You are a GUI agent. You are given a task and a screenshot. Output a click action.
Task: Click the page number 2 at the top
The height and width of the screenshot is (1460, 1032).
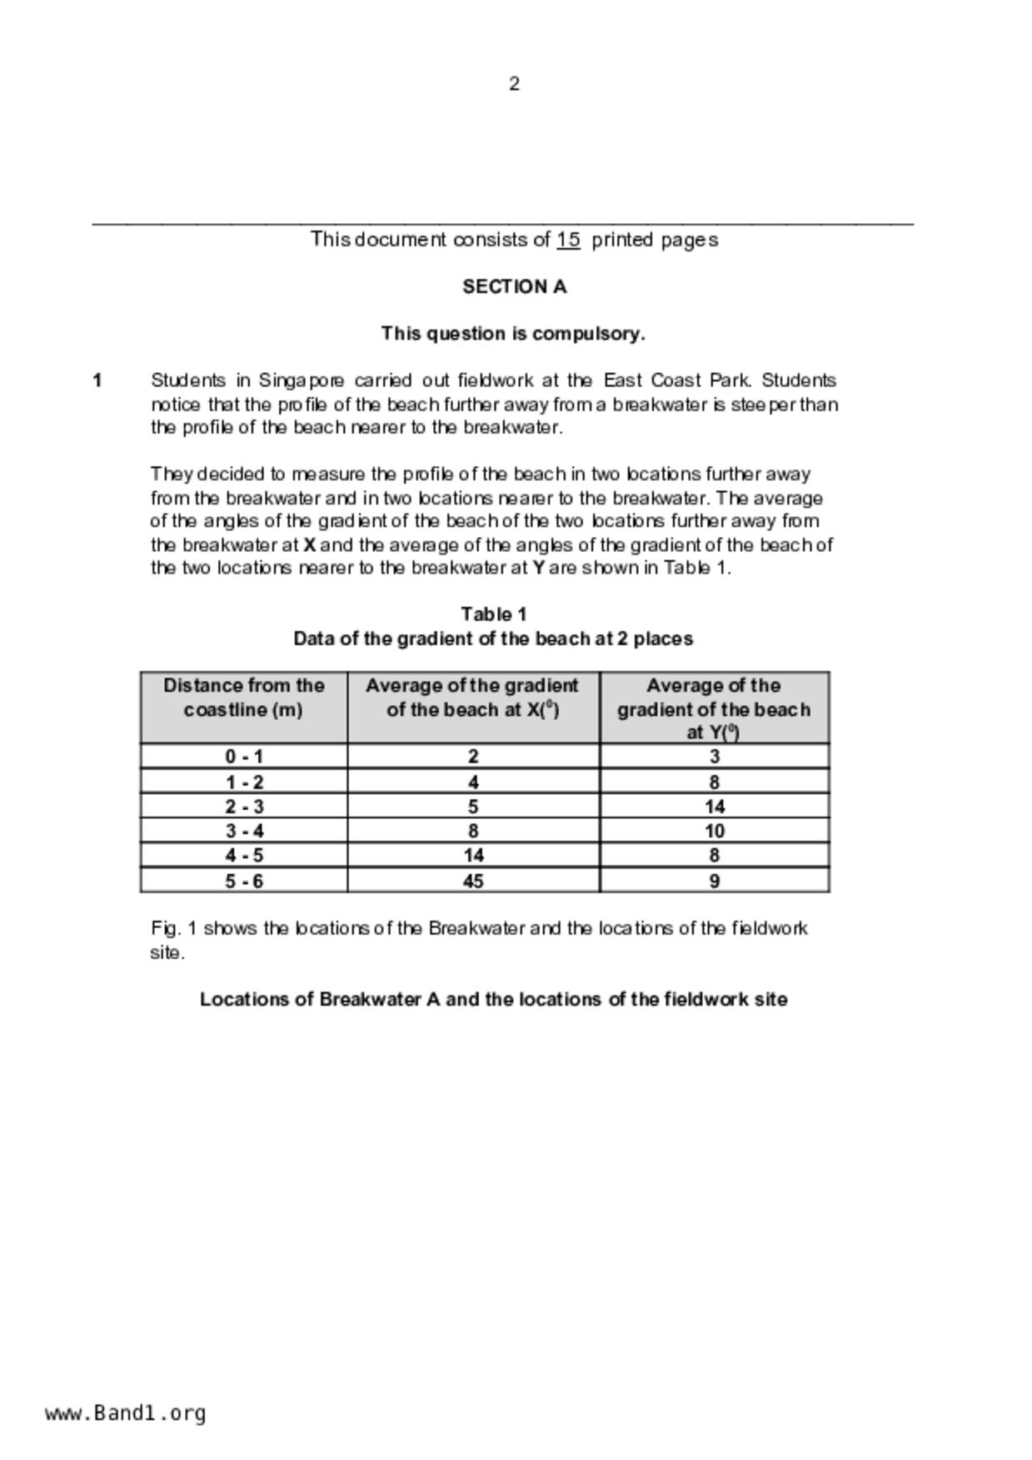click(514, 84)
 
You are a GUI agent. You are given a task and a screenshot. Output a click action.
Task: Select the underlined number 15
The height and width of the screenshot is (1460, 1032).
click(568, 240)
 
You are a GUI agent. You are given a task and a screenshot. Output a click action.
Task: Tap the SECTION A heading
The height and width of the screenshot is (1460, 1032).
click(514, 287)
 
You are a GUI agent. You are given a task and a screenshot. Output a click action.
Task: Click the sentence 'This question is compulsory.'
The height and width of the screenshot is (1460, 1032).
click(513, 334)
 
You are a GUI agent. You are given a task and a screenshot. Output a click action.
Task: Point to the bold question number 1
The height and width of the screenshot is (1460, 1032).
click(97, 380)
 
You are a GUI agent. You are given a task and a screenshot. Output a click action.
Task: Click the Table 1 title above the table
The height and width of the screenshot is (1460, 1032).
click(493, 614)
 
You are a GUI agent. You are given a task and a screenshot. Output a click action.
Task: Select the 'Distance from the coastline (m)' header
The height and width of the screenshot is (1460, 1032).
click(243, 698)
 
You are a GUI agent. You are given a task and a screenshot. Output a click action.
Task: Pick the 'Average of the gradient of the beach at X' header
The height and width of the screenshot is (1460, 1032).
click(471, 698)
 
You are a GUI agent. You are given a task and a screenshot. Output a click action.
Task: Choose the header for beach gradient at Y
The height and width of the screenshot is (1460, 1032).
click(713, 708)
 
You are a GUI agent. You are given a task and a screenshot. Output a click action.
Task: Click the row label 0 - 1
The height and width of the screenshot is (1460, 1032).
click(243, 757)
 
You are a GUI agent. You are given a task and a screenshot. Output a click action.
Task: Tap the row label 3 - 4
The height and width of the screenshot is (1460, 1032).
click(243, 831)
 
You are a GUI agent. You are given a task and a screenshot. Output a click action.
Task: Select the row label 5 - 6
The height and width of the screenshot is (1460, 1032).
click(243, 881)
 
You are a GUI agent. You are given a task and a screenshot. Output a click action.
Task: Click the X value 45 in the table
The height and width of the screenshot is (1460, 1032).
click(472, 881)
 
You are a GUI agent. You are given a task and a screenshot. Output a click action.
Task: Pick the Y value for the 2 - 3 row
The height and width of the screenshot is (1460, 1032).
click(714, 807)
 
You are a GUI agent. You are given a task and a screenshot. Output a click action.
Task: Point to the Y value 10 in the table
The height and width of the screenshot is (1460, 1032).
click(714, 831)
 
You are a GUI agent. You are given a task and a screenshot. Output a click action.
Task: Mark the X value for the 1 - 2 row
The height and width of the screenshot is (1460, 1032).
click(472, 782)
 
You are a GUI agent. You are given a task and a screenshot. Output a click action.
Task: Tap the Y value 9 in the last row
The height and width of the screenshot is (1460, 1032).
click(714, 881)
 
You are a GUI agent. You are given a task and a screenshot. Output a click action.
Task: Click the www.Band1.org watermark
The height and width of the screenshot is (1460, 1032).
click(125, 1413)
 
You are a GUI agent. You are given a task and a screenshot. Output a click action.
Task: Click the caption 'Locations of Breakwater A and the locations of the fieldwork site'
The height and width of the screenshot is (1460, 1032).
click(493, 999)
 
